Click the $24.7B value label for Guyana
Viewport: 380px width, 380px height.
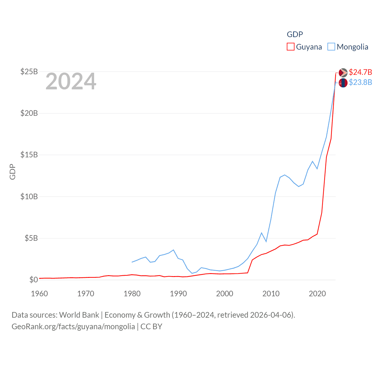(x=360, y=72)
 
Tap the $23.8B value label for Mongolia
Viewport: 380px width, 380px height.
(x=360, y=82)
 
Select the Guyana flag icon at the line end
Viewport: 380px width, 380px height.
(x=343, y=73)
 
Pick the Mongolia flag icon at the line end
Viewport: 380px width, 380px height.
(x=343, y=83)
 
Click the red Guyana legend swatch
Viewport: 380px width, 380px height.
(x=290, y=47)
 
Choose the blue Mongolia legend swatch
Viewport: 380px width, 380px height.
(x=331, y=47)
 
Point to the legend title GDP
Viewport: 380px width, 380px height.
(x=295, y=34)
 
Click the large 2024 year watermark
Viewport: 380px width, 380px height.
(x=71, y=81)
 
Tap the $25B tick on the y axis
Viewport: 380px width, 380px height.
(x=29, y=72)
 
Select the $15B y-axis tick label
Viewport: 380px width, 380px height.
(x=29, y=155)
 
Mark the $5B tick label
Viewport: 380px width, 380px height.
(x=31, y=238)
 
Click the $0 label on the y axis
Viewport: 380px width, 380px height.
(x=34, y=280)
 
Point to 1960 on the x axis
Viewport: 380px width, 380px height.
(x=39, y=294)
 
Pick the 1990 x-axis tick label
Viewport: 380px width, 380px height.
(x=178, y=294)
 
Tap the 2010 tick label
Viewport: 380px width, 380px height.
(x=271, y=294)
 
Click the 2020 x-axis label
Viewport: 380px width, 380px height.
(x=317, y=294)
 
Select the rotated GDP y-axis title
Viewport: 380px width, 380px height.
(x=12, y=172)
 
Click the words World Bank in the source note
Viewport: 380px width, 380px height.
(x=79, y=315)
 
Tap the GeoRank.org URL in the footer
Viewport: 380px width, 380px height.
(x=73, y=327)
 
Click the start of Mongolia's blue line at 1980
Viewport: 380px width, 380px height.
(x=132, y=262)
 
